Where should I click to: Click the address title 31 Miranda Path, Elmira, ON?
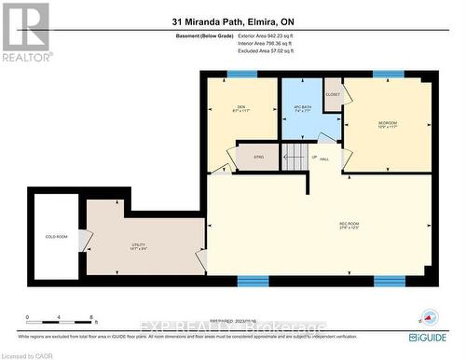[232, 21]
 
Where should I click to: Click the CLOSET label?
[333, 95]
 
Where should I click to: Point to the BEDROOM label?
[388, 124]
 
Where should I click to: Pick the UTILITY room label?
[138, 246]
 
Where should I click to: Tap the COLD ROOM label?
[56, 237]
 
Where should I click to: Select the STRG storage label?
[258, 158]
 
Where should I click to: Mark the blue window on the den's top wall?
[239, 75]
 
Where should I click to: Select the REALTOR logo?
[24, 31]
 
